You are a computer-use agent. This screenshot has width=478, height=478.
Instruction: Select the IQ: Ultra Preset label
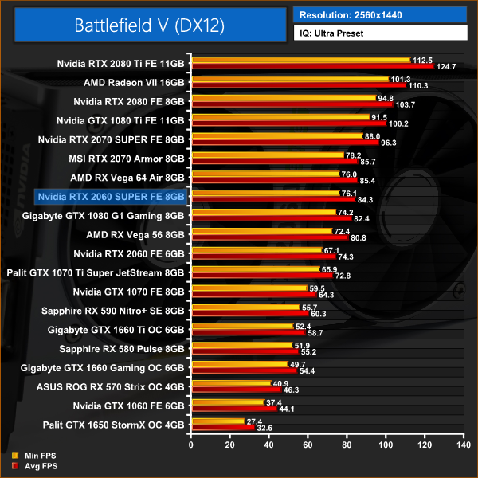coord(379,33)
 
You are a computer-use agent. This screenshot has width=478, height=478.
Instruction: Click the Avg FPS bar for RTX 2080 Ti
coord(311,67)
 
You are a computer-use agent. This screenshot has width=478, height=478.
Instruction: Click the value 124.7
coord(447,67)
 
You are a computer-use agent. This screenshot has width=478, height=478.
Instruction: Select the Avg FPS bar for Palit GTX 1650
coord(221,428)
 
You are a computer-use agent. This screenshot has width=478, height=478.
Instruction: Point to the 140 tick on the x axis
coord(461,446)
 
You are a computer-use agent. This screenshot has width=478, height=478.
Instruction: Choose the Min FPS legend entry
coord(32,456)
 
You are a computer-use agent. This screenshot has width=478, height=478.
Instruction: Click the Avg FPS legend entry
coord(32,465)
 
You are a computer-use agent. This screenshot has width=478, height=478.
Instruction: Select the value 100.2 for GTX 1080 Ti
coord(398,123)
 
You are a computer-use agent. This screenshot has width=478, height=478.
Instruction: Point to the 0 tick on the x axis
coord(190,446)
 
